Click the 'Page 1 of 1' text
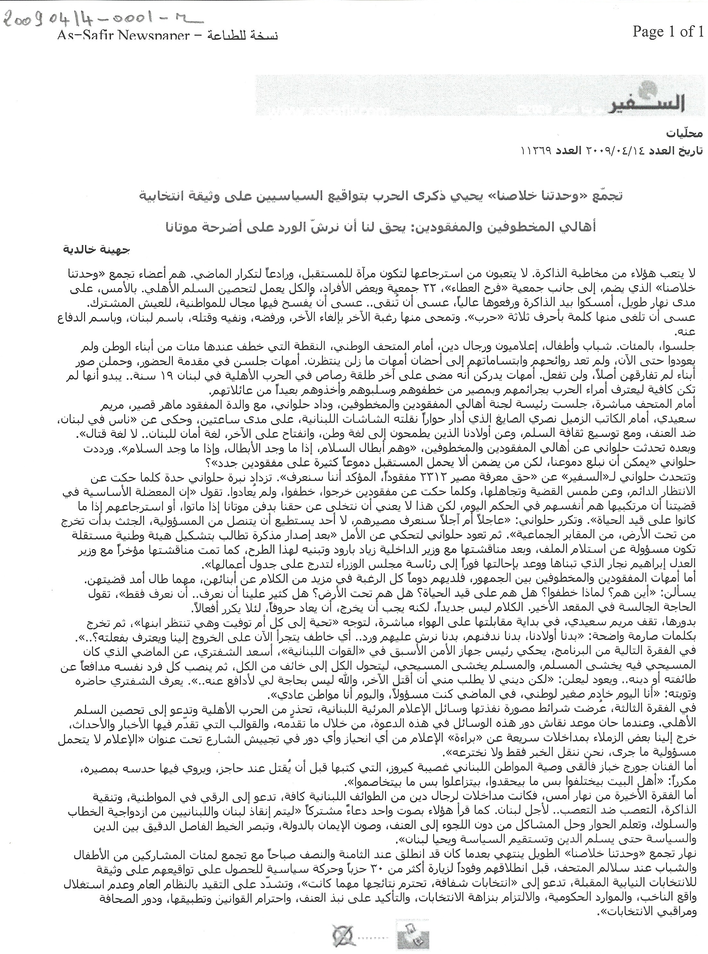(667, 32)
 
